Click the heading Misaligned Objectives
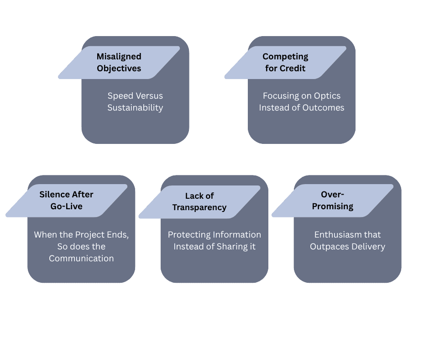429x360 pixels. (119, 63)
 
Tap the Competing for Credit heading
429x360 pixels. (285, 63)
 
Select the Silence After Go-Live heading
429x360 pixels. (66, 200)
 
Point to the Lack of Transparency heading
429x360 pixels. (199, 201)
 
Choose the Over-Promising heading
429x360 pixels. (332, 201)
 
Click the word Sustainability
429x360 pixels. (135, 108)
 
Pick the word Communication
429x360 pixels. (81, 259)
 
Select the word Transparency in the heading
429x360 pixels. (199, 207)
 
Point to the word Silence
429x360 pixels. (54, 194)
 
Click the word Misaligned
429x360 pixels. (119, 57)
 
